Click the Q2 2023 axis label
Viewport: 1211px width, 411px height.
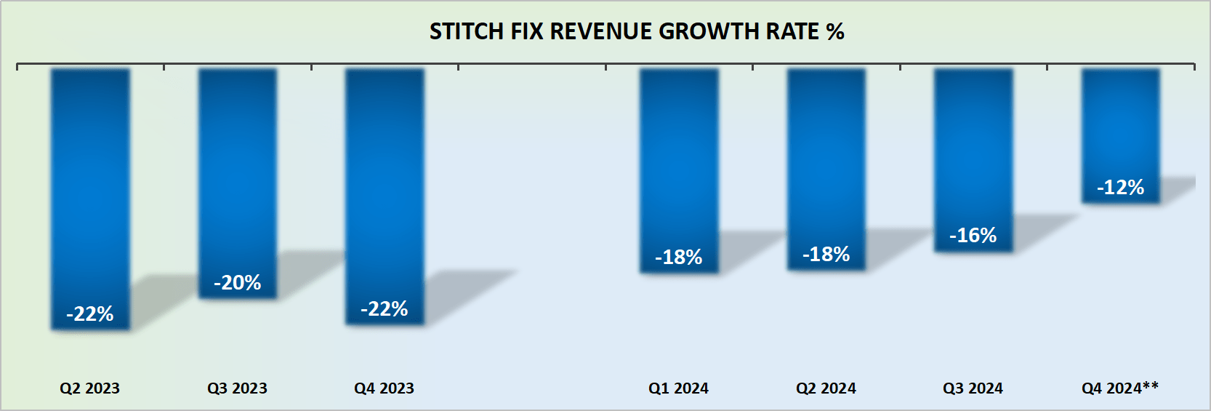89,388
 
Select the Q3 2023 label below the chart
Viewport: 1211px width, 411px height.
237,388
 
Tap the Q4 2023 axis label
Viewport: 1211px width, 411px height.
384,388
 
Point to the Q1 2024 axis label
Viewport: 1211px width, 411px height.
678,388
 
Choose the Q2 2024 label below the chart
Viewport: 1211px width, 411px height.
826,388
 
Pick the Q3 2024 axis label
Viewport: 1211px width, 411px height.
973,388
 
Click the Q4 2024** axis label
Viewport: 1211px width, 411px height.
1119,388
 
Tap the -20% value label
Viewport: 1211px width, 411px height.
238,282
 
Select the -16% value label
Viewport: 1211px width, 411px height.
973,235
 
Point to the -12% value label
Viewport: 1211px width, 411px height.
1120,188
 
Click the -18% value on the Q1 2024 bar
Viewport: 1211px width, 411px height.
678,257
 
